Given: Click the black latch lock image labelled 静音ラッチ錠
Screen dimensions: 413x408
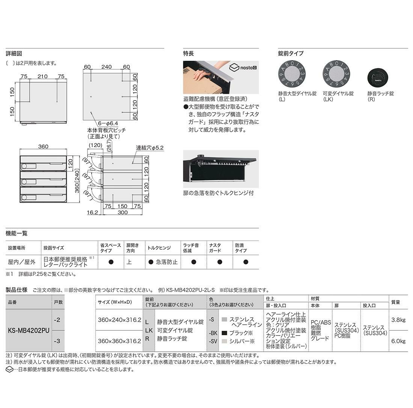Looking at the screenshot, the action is (x=377, y=78).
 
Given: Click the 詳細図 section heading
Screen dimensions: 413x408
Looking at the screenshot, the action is (x=14, y=53).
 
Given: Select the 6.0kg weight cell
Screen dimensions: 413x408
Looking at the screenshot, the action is (x=398, y=341).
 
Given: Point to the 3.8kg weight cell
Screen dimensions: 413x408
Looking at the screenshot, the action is (x=398, y=320).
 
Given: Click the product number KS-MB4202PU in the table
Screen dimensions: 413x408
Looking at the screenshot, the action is (x=29, y=331).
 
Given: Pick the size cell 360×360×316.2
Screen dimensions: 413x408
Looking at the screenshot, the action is (x=119, y=341).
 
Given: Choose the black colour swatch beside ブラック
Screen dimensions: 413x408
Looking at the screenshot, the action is (x=225, y=333).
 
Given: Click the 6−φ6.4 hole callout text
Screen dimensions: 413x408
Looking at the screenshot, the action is (x=108, y=123).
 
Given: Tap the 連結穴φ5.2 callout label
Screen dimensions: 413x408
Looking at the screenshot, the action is (x=149, y=148).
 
